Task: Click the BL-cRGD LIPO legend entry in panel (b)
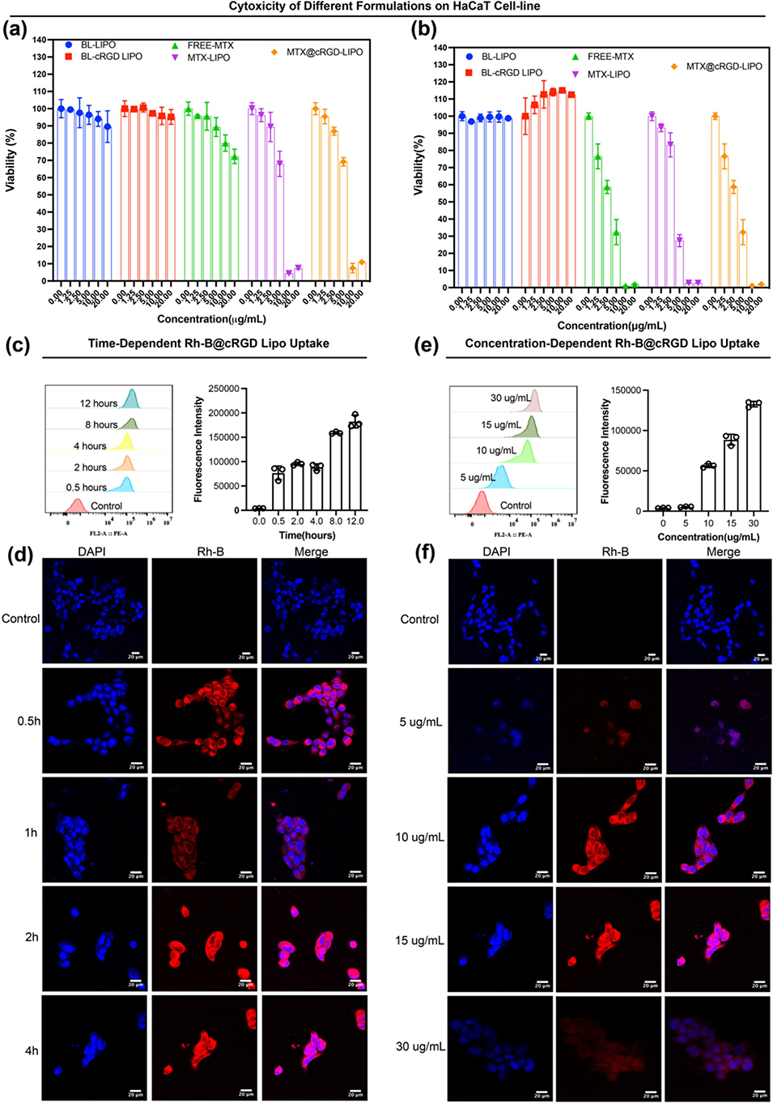point(512,73)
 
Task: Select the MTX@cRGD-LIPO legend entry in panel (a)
point(324,52)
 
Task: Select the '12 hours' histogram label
point(98,403)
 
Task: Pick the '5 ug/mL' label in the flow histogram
point(478,477)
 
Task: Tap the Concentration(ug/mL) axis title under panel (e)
point(708,537)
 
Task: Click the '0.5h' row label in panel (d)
point(28,721)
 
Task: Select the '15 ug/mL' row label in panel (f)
point(419,941)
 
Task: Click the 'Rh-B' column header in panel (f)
point(615,551)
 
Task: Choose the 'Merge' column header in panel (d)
point(312,551)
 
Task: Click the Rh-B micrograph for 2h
point(204,939)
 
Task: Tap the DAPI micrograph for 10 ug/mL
point(501,831)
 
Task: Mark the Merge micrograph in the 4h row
point(314,1047)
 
